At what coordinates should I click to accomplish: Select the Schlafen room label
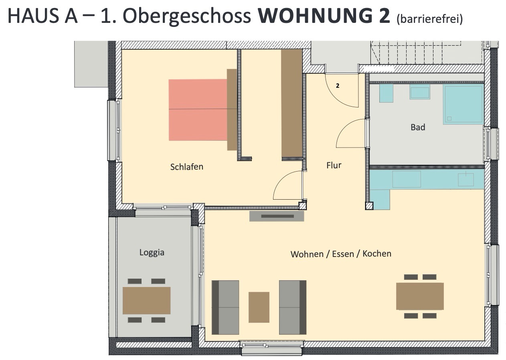[187, 167]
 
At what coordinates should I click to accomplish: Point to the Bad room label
[418, 127]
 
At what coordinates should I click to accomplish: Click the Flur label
[334, 165]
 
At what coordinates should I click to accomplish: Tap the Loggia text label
[152, 253]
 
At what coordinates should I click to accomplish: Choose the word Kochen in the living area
[377, 254]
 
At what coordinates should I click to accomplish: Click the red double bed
[198, 110]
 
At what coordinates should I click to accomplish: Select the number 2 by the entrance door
[338, 86]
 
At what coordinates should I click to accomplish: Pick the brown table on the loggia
[146, 300]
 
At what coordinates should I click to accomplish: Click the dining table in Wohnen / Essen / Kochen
[420, 296]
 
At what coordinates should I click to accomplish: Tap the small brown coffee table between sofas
[259, 307]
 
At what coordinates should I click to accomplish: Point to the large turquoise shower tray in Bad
[463, 104]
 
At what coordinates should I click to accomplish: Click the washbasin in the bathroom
[420, 92]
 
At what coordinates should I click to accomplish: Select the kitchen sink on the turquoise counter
[466, 180]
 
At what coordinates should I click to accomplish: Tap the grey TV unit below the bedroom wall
[277, 216]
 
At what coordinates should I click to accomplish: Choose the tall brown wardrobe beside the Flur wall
[291, 103]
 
